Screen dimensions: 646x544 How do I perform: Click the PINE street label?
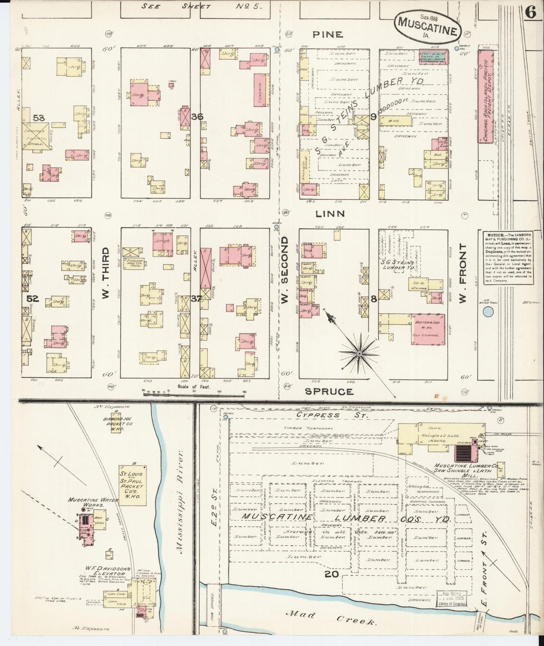coord(328,35)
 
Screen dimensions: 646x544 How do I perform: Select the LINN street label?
coord(330,214)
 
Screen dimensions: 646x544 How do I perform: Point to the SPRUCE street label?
coord(329,392)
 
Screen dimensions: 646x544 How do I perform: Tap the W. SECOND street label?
coord(285,269)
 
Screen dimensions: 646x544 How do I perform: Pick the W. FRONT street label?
coord(463,272)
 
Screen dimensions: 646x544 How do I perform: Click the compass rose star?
coord(359,353)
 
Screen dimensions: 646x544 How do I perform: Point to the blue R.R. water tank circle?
coord(488,312)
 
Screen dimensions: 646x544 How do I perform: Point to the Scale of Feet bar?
coord(194,394)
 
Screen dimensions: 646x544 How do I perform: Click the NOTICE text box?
coord(508,257)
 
